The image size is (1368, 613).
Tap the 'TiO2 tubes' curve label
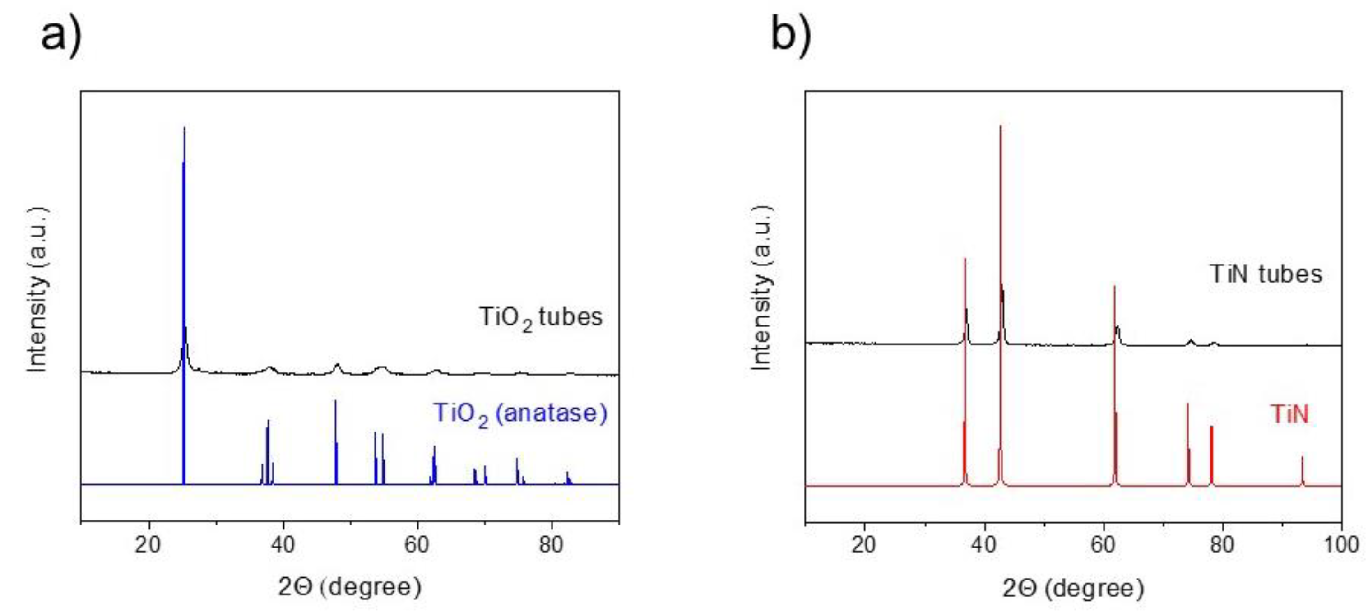click(541, 317)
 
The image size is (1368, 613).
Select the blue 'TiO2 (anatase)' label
click(520, 414)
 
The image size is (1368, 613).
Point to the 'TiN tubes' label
click(1266, 274)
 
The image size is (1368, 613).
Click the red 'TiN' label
click(1289, 414)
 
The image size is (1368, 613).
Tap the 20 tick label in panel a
click(148, 545)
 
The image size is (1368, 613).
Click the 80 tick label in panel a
click(551, 545)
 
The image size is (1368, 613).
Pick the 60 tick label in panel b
click(1103, 545)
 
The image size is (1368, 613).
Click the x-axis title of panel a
click(349, 587)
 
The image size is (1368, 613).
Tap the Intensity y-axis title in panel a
click(37, 289)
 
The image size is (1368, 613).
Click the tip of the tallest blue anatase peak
click(184, 128)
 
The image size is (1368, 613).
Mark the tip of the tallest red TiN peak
click(1000, 127)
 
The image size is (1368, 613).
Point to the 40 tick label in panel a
click(282, 545)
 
